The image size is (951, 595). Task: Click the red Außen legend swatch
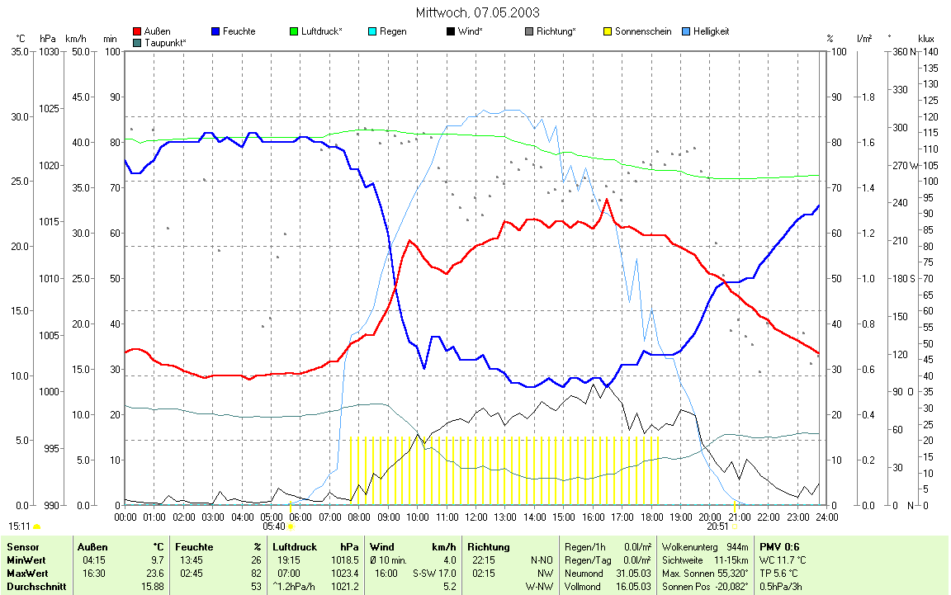coord(136,31)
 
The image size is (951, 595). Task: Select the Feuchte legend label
coord(239,31)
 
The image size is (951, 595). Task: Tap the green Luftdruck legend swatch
coord(294,31)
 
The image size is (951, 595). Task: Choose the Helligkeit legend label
coord(727,31)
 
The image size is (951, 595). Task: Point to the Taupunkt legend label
coord(165,41)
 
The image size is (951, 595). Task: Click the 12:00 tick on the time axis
coord(476,517)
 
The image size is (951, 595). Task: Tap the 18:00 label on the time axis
coord(652,517)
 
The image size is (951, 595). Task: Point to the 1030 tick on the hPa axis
coord(49,51)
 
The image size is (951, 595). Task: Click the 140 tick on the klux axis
coord(930,51)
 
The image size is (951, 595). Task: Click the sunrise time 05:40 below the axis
coord(274,527)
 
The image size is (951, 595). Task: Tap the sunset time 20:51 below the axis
coord(717,527)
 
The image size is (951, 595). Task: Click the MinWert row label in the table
coord(26,560)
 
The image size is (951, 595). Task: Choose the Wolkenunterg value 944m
coord(737,546)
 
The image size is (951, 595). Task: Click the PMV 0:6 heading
coord(778,546)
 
